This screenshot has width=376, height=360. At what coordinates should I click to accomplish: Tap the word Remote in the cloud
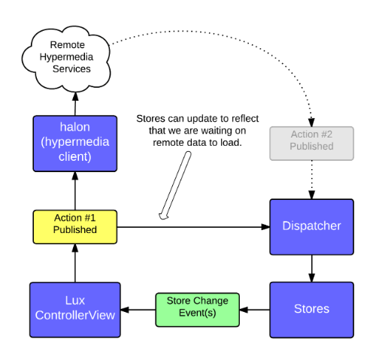(67, 44)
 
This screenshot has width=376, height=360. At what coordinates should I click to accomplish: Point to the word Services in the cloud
(71, 68)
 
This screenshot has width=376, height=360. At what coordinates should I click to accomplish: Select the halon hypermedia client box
(75, 143)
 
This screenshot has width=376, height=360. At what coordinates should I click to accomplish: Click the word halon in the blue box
(75, 127)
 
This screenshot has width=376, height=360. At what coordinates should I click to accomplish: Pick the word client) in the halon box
(75, 157)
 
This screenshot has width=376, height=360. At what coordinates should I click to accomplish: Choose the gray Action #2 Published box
(311, 143)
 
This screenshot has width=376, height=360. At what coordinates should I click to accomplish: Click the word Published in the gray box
(311, 147)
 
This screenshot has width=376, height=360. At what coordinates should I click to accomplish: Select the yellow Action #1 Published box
(75, 226)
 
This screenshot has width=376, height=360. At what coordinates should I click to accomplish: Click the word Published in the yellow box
(75, 230)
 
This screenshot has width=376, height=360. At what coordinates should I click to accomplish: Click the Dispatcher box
(311, 226)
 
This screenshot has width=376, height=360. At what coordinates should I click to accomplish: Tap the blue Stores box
(311, 309)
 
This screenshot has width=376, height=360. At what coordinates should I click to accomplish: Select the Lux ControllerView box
(75, 309)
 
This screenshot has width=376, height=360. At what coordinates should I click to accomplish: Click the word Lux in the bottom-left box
(75, 301)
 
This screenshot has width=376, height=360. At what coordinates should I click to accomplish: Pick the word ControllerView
(75, 316)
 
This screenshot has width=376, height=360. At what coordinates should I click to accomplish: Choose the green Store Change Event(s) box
(197, 309)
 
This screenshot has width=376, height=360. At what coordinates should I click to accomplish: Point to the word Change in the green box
(211, 301)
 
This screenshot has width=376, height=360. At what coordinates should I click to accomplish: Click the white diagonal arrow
(175, 185)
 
